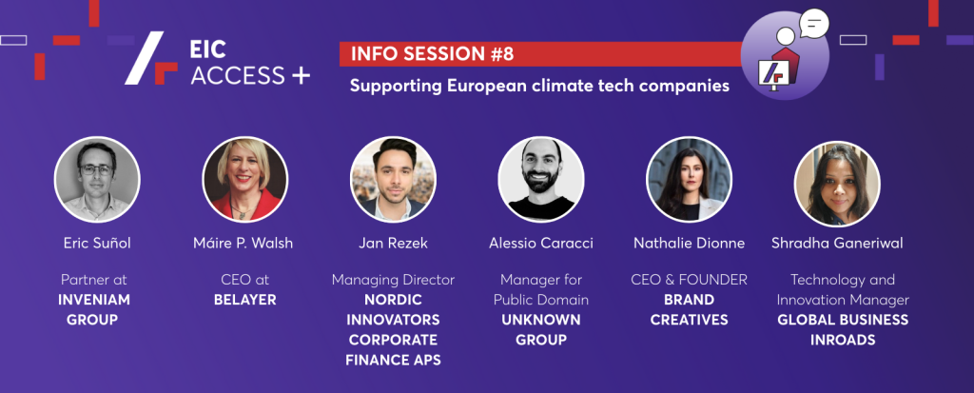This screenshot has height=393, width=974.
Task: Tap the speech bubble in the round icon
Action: (x=813, y=23)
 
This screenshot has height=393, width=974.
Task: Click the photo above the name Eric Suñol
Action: (x=97, y=179)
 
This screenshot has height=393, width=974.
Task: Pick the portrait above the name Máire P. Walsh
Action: (x=245, y=179)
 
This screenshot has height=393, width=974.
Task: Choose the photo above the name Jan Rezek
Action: (x=393, y=179)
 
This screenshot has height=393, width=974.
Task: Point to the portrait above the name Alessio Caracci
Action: (x=541, y=179)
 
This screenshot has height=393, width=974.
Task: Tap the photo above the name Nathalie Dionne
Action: (x=689, y=179)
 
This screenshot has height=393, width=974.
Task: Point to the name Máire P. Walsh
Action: (x=243, y=244)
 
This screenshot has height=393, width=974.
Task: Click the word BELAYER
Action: (x=245, y=300)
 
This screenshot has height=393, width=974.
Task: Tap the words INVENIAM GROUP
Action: (x=94, y=309)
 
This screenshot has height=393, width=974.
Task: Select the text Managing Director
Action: (x=393, y=280)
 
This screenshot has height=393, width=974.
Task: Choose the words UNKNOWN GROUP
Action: (x=541, y=329)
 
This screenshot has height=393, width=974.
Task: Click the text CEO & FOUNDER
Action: (x=689, y=280)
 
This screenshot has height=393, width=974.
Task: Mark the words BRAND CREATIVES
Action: (x=689, y=309)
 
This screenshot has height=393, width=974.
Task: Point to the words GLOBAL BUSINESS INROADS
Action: (x=843, y=329)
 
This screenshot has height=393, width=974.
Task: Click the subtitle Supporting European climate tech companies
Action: (x=539, y=86)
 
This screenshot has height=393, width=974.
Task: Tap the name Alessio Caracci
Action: (x=541, y=244)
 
